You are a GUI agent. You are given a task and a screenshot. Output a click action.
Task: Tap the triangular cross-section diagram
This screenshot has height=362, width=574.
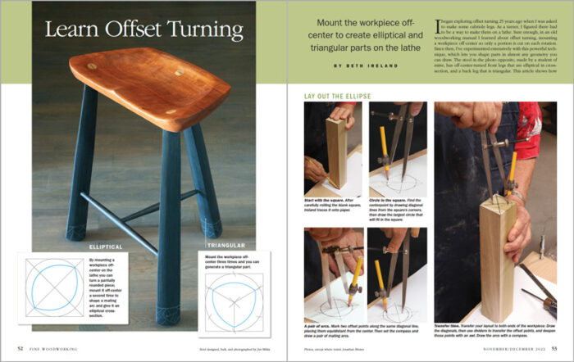[225, 304]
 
